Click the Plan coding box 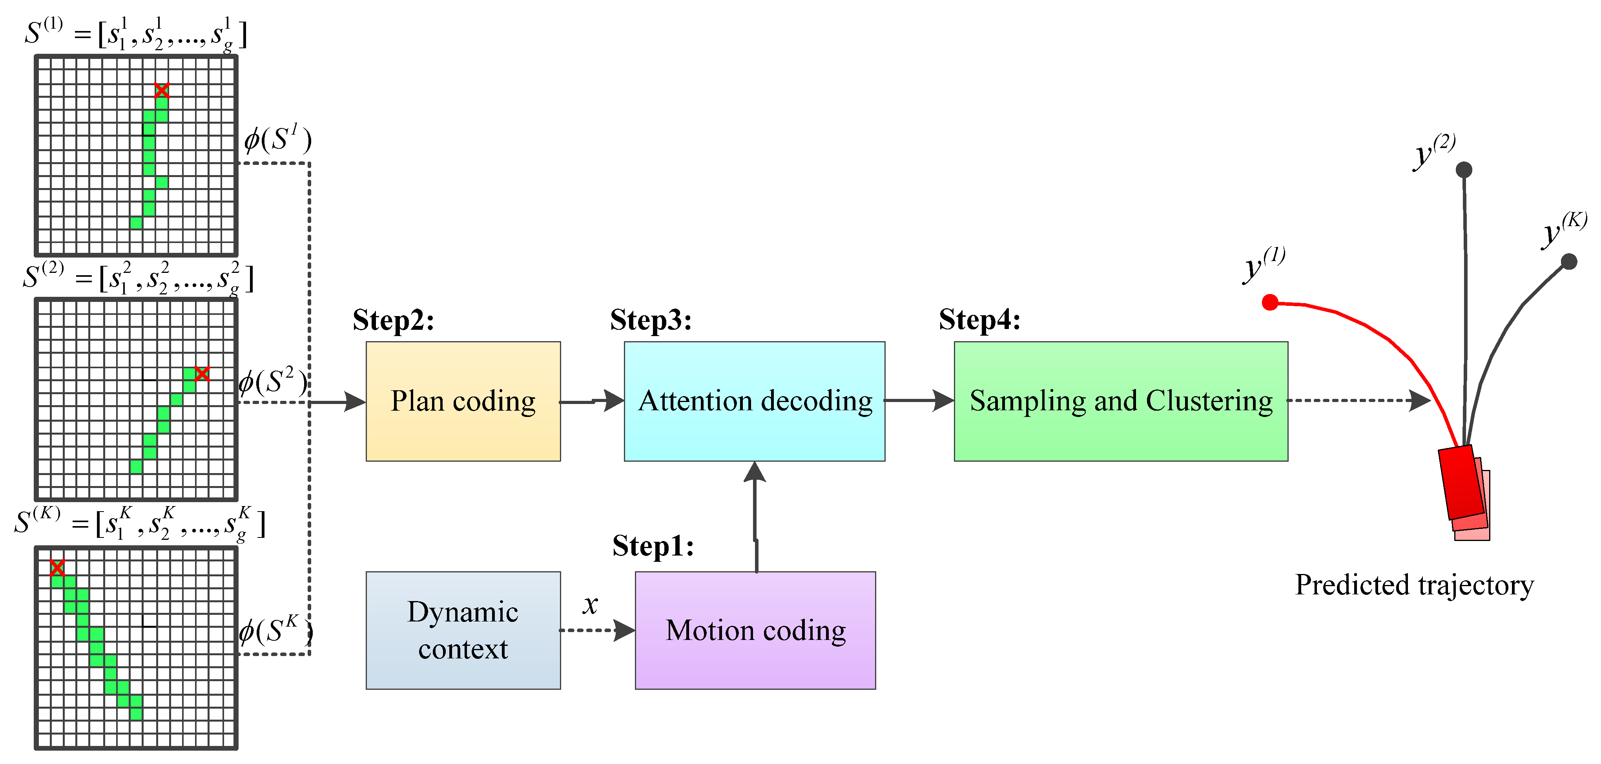pyautogui.click(x=463, y=401)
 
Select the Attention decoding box pyautogui.click(x=755, y=401)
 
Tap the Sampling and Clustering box pyautogui.click(x=1121, y=401)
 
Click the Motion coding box pyautogui.click(x=755, y=631)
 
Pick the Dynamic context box pyautogui.click(x=463, y=631)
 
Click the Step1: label pyautogui.click(x=653, y=546)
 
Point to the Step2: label pyautogui.click(x=393, y=320)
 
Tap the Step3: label pyautogui.click(x=651, y=320)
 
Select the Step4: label pyautogui.click(x=979, y=320)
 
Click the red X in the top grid pyautogui.click(x=162, y=91)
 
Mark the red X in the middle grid pyautogui.click(x=202, y=374)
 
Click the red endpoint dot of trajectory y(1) pyautogui.click(x=1270, y=302)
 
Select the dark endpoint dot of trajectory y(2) pyautogui.click(x=1464, y=169)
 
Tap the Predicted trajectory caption pyautogui.click(x=1414, y=585)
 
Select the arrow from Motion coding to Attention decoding pyautogui.click(x=755, y=516)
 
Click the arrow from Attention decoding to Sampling pyautogui.click(x=919, y=400)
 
